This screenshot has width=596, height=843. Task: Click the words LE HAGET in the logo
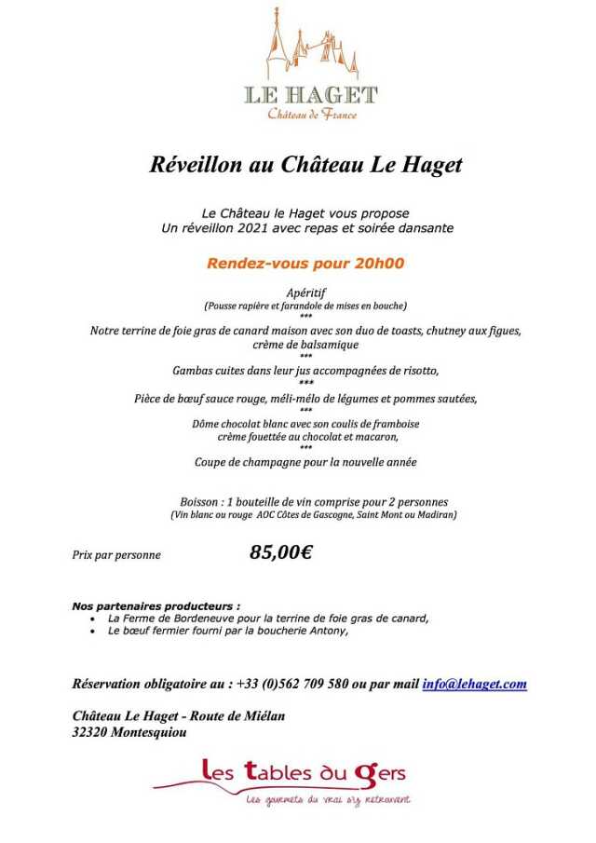[311, 95]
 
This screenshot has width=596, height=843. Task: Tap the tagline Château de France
[312, 115]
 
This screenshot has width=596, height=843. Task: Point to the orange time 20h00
[379, 263]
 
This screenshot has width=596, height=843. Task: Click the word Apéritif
[305, 292]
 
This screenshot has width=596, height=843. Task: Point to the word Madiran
[437, 514]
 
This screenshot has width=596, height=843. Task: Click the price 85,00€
[280, 552]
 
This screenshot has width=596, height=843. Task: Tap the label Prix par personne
[116, 555]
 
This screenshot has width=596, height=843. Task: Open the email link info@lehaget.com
[474, 684]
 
